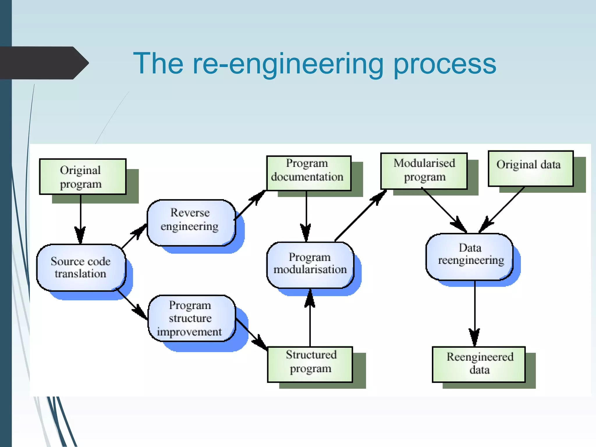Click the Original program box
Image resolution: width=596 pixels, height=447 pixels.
coord(83,177)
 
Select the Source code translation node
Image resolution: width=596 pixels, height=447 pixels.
coord(81,267)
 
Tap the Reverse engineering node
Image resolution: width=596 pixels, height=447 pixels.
coord(191,223)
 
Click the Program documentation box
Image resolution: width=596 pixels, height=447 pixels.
coord(308,173)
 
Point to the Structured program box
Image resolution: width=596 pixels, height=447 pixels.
coord(310,364)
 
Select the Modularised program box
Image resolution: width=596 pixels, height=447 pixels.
coord(424,171)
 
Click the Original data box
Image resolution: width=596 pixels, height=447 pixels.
coord(530,168)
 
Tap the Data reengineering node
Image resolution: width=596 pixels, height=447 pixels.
coord(469,256)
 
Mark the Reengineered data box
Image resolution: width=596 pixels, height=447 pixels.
coord(479,364)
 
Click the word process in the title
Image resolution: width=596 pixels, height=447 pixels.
coord(444,64)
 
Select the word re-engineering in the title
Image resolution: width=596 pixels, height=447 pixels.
coord(288,64)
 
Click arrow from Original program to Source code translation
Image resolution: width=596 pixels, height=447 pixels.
coord(81,218)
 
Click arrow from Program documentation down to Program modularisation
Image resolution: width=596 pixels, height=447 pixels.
coord(306,215)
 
